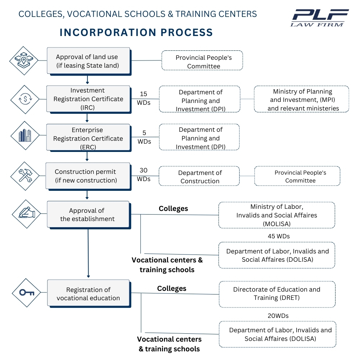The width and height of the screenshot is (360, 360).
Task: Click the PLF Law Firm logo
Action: (x=320, y=18)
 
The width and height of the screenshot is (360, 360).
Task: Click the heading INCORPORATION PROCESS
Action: (x=136, y=32)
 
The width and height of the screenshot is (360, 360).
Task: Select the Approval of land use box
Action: (x=88, y=61)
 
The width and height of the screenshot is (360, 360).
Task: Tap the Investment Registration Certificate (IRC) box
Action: (x=88, y=99)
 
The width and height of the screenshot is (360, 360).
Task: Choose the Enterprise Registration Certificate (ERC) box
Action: (x=88, y=138)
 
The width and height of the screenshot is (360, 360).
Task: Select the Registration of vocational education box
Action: (x=88, y=294)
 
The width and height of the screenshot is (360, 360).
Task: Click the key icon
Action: (x=27, y=292)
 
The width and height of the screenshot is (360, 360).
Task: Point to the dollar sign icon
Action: (x=24, y=99)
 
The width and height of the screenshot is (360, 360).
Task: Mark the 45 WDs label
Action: (x=279, y=236)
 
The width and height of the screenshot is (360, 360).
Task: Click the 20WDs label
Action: (x=278, y=316)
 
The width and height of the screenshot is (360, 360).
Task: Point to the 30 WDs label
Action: (x=143, y=174)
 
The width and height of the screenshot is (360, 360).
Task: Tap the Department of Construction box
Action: (x=199, y=176)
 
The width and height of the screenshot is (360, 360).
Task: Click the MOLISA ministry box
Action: (x=276, y=215)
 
